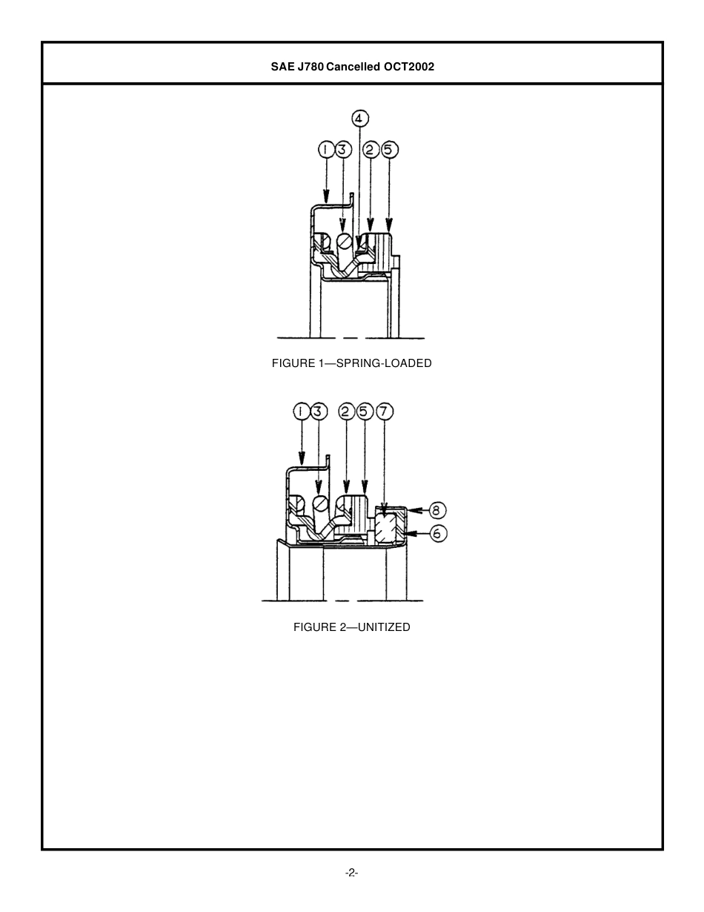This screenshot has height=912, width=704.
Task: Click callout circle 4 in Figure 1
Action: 359,119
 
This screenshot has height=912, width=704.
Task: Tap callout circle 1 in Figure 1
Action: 326,151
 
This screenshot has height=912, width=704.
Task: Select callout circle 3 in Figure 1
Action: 342,151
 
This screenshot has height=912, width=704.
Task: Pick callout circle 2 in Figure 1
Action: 371,151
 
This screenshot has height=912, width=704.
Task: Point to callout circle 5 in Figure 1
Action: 389,151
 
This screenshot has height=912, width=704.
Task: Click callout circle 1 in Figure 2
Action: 301,412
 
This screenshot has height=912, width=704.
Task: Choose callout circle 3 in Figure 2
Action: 319,412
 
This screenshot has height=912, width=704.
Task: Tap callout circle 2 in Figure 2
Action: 346,412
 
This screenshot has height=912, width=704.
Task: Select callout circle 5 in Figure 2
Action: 365,412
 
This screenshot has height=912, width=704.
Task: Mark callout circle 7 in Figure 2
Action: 383,412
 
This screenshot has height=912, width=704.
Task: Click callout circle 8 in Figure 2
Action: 437,510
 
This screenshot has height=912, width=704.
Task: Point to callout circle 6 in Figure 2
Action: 437,532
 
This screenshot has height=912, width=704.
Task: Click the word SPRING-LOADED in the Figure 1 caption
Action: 384,363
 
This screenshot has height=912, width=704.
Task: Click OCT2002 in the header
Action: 408,67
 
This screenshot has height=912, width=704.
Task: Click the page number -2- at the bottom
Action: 351,873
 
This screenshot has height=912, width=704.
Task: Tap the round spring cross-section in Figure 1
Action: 345,241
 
